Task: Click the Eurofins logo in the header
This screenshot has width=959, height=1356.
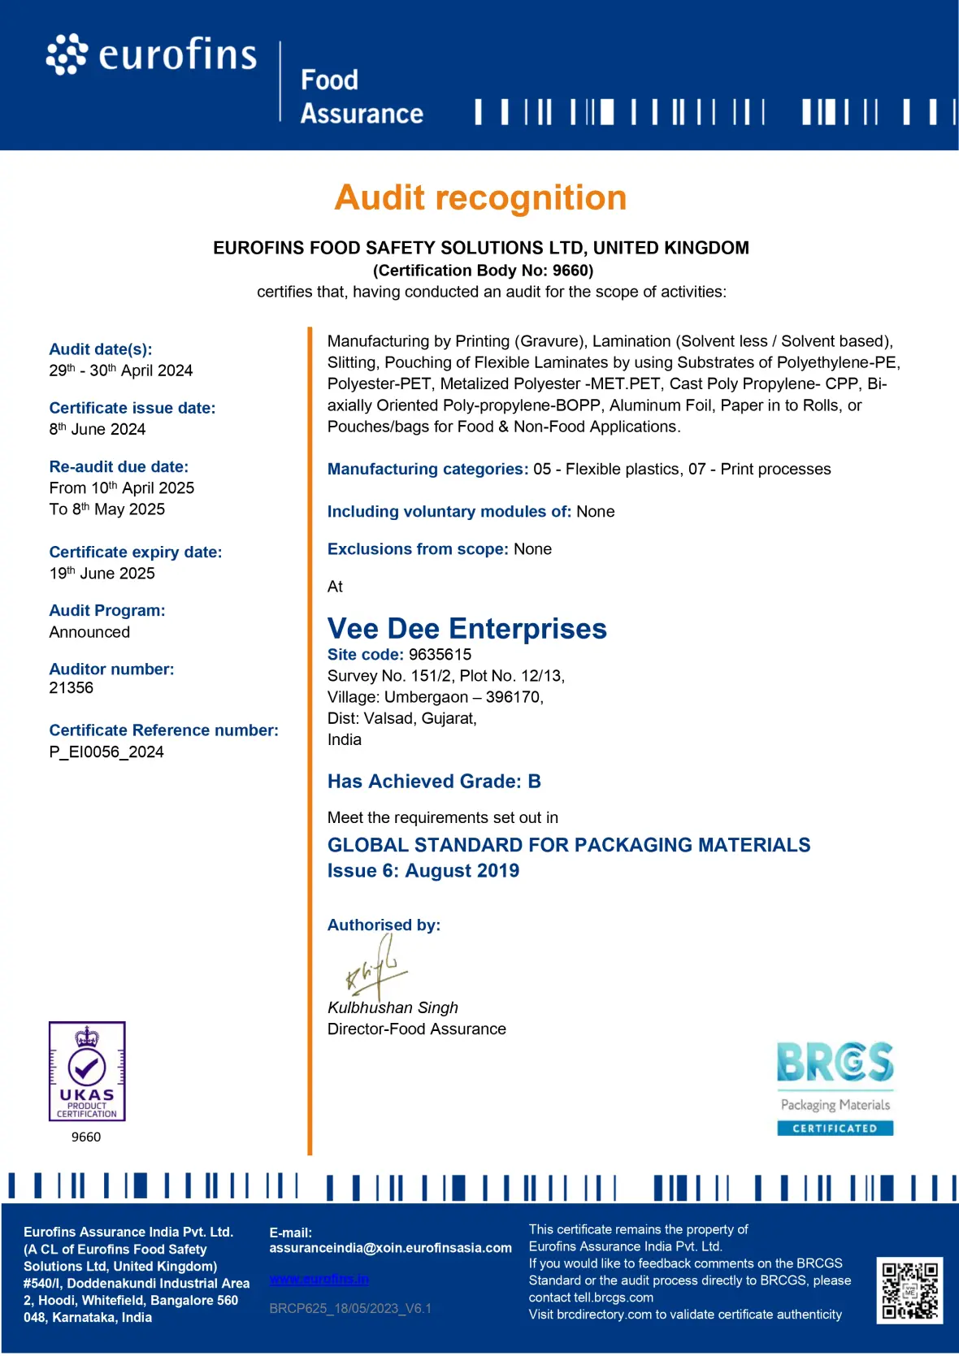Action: coord(152,55)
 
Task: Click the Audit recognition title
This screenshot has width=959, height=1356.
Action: coord(480,198)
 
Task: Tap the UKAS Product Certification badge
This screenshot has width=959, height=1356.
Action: coord(87,1071)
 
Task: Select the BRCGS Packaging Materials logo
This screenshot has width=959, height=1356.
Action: coord(835,1088)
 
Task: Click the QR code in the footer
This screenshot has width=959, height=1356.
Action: coord(909,1290)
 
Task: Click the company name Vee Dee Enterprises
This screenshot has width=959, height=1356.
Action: coord(466,629)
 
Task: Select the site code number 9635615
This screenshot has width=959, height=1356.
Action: coord(440,655)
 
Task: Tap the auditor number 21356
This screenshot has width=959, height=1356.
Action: coord(72,688)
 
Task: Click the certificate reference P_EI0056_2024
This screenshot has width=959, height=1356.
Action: coord(106,752)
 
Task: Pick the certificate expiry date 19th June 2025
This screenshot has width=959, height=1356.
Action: coord(102,574)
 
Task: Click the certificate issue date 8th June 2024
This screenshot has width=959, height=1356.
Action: coord(98,429)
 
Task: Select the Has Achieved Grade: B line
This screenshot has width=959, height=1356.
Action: coord(434,782)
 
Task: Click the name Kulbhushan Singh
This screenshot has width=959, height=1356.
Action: coord(393,1007)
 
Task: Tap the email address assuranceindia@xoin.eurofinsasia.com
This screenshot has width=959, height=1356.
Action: coord(390,1248)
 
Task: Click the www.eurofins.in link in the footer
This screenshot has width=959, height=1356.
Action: coord(319,1279)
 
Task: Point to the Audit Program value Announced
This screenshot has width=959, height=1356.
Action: coord(89,632)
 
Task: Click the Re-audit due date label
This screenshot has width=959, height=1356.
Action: coord(119,467)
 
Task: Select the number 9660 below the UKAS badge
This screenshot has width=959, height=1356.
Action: coord(86,1137)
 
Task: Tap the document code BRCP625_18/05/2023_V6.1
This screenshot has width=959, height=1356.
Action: coord(350,1308)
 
